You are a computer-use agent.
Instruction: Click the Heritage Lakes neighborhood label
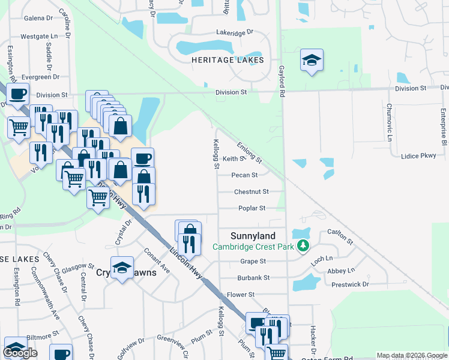pos(228,61)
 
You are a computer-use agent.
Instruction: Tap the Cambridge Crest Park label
pos(252,247)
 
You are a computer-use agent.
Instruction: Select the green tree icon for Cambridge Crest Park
pos(304,246)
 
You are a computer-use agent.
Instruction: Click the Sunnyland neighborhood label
pos(253,236)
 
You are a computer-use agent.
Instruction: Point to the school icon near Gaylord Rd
pos(312,61)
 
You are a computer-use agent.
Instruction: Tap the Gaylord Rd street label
pos(281,82)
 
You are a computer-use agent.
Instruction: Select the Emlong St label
pos(249,152)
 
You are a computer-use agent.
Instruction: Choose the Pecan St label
pos(244,175)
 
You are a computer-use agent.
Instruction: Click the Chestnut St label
pos(250,192)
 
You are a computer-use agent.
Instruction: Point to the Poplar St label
pos(252,208)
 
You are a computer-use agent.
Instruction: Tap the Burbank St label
pos(253,278)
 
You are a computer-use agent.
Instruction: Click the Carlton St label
pos(340,236)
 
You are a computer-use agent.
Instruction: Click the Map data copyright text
pos(412,355)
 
